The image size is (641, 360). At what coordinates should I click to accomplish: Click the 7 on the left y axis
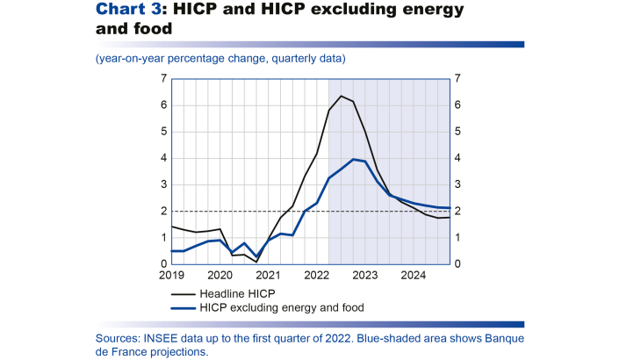pos(163,79)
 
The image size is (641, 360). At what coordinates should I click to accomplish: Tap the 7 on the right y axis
pos(454,79)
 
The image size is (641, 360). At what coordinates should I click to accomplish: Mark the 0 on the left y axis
pos(163,264)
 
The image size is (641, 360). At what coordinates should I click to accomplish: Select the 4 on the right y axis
pos(454,158)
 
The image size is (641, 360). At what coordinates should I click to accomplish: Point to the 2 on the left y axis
pos(163,212)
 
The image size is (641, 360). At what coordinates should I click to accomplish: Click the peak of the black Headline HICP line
pos(341,96)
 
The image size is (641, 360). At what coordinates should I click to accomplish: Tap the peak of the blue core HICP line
pos(352,159)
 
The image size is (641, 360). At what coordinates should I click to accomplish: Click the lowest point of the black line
pos(256,262)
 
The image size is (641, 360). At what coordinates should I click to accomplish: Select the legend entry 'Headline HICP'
pos(234,293)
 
